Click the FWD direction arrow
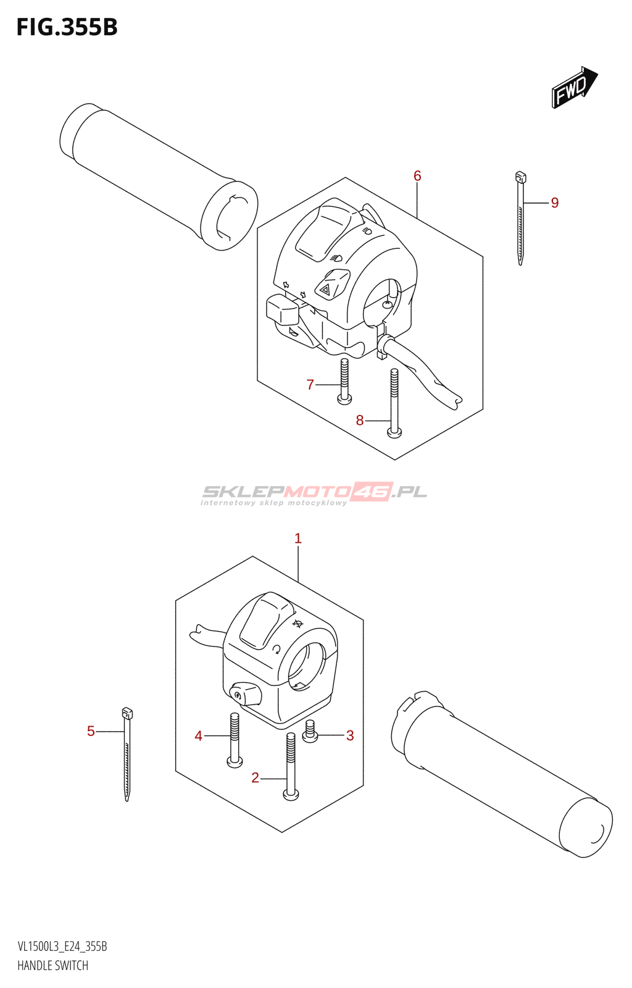point(574,88)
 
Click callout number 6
point(417,176)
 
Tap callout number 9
point(555,203)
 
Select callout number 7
point(310,385)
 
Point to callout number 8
point(360,421)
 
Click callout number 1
point(298,538)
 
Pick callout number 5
point(91,731)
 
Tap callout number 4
point(199,735)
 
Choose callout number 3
point(350,735)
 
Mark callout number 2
point(255,778)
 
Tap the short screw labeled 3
point(310,732)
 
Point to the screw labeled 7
point(344,381)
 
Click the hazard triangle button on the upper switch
point(325,287)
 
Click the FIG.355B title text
point(67,28)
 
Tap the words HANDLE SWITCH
point(52,966)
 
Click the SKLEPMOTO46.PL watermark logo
point(314,493)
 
